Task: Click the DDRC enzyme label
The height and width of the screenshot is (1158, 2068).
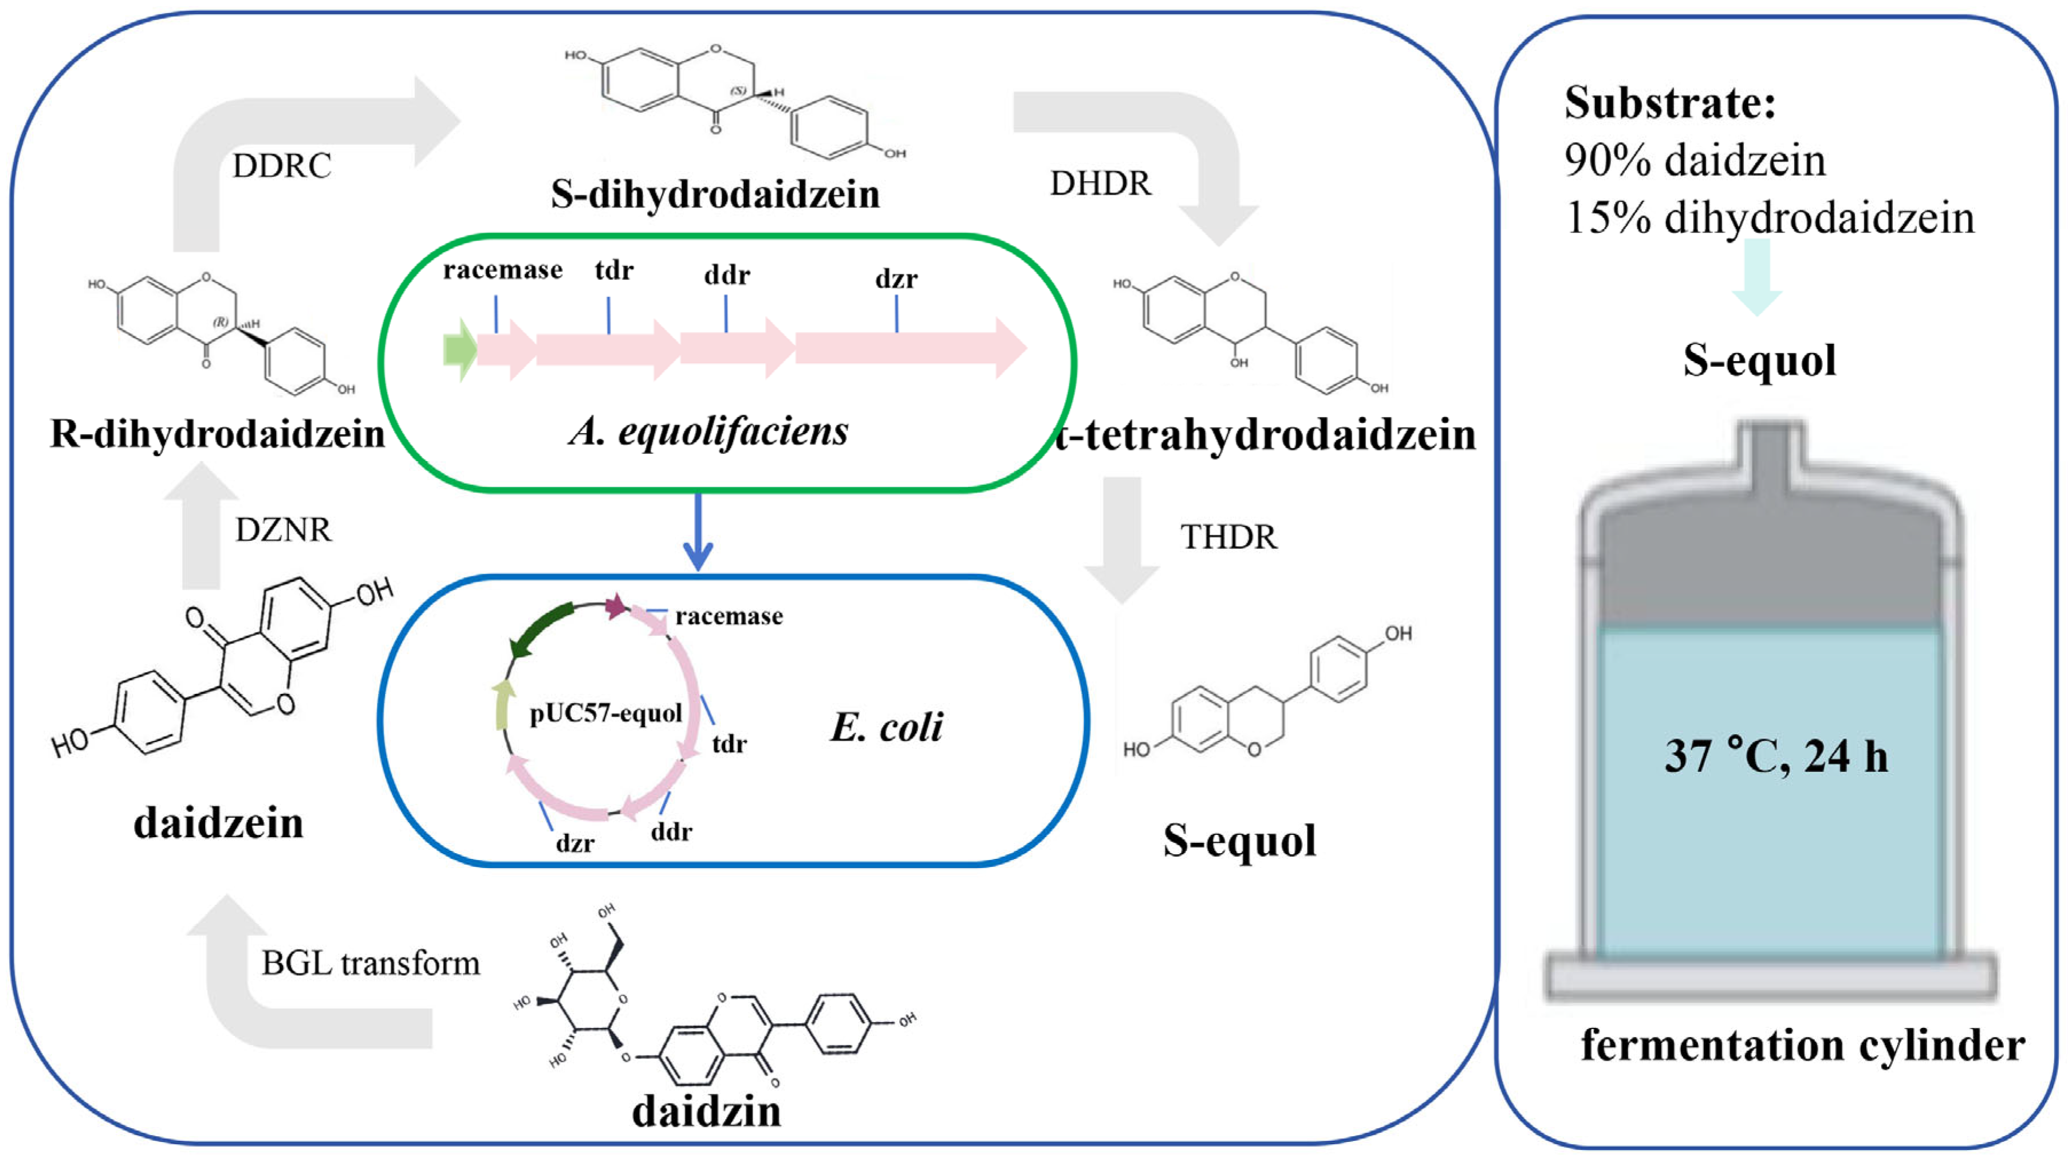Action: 282,166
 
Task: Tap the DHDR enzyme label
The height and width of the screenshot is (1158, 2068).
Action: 1100,184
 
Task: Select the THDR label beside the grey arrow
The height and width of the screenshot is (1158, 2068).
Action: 1228,537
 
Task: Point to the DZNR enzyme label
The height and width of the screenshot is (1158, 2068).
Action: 282,530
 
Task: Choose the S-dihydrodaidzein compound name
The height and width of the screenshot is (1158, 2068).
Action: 715,194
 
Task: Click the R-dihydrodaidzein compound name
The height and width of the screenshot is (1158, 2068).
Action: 216,434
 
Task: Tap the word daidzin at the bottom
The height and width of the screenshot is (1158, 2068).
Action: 707,1112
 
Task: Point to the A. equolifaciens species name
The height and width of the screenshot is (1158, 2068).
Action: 708,431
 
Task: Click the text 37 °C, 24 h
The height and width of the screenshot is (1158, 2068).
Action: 1776,756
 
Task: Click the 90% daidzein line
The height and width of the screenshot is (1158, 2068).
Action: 1695,160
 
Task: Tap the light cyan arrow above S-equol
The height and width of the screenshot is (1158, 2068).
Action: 1756,277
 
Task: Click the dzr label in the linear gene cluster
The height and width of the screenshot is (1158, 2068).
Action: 896,280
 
